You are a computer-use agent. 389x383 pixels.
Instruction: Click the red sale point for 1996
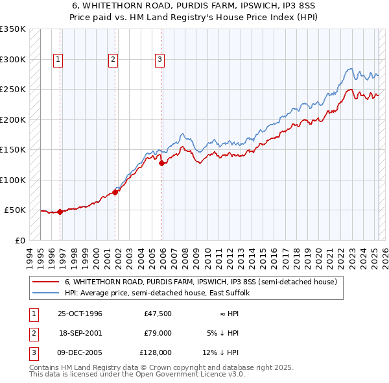60,212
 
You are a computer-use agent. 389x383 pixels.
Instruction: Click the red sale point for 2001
115,192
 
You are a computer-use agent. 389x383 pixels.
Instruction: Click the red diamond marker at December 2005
162,164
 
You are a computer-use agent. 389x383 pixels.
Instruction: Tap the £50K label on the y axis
15,210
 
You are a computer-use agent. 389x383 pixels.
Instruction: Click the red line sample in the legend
46,282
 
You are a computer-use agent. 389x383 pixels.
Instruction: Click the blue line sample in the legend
46,293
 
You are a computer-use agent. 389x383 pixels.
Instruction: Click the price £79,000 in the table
156,333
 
